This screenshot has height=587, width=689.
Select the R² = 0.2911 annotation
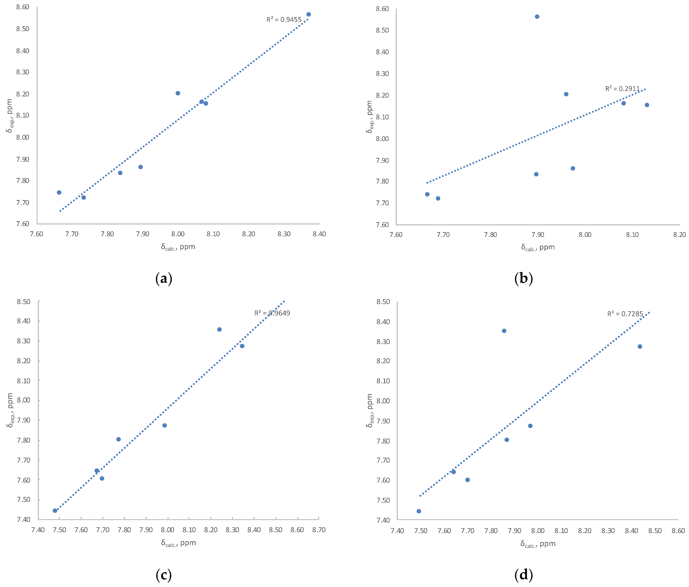(622, 89)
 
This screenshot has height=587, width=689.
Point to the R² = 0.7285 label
(625, 314)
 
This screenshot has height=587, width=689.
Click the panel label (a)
(164, 278)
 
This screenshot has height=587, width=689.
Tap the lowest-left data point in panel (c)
(55, 511)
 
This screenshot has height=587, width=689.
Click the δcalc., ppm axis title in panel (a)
(178, 247)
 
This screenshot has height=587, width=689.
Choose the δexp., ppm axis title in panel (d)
(369, 411)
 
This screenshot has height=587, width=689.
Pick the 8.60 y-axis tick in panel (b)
(382, 9)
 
